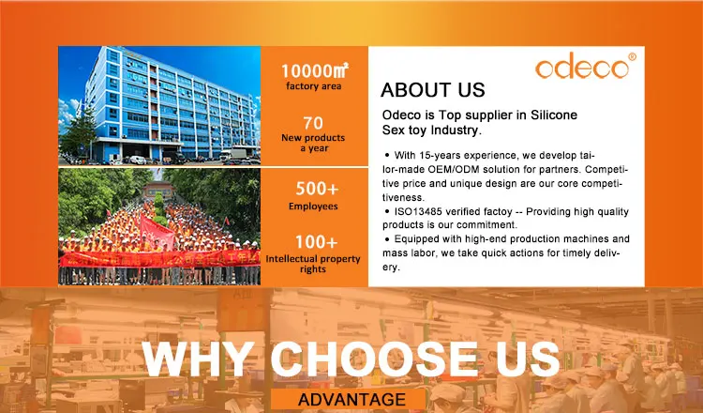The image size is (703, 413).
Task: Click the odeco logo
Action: tap(582, 66)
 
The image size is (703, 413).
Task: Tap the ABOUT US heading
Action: tap(433, 90)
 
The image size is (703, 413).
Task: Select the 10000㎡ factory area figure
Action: tap(314, 70)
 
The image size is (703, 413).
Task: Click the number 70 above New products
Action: tap(313, 123)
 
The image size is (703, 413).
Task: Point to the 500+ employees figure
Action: tap(317, 189)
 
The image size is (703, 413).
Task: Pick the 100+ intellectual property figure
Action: tap(316, 242)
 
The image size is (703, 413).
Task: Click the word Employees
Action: tap(313, 206)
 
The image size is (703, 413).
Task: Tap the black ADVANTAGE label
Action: tap(351, 399)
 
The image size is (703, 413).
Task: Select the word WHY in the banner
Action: tap(198, 359)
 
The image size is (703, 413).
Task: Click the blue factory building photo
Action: tap(159, 105)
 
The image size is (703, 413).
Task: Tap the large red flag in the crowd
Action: tap(157, 232)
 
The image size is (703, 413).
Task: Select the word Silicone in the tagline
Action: tap(554, 115)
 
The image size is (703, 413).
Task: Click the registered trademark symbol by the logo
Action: tap(632, 56)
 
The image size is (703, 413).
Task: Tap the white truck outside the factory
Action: tap(232, 155)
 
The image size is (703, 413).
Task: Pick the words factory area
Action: tap(313, 86)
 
